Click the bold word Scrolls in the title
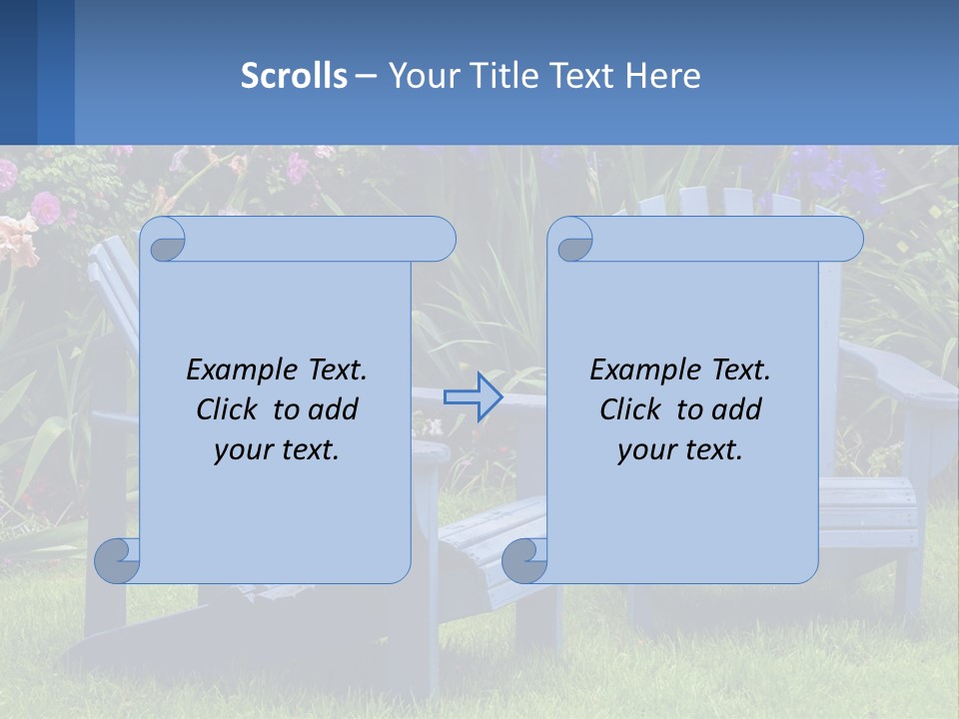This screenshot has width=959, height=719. [294, 75]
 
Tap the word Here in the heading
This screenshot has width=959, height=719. [662, 75]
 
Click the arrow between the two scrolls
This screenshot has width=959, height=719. [473, 397]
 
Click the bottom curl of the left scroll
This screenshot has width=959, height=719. [117, 560]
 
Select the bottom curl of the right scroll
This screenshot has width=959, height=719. [524, 560]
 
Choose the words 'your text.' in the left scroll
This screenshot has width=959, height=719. [277, 449]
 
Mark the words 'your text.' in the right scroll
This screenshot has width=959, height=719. [680, 449]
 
